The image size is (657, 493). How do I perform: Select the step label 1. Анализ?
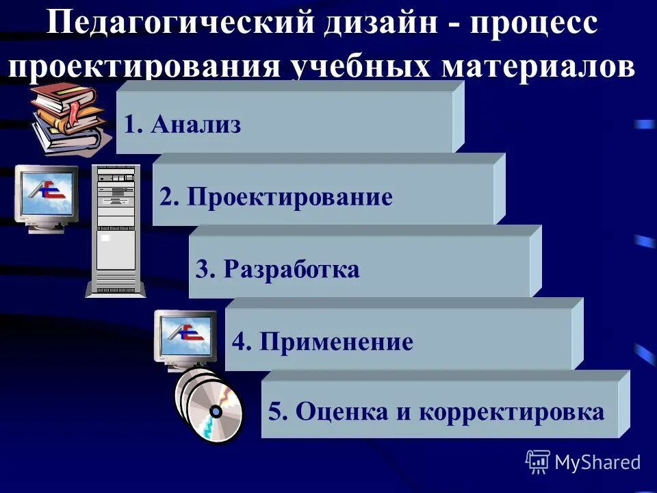[183, 125]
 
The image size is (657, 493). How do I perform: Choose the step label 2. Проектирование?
[276, 197]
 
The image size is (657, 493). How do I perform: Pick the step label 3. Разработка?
[277, 269]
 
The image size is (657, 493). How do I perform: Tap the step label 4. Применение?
[322, 341]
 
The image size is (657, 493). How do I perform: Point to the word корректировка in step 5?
[511, 412]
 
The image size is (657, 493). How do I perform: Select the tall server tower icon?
[116, 229]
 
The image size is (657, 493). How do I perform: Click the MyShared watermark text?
[597, 462]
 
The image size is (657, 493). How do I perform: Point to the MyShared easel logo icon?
[538, 462]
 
